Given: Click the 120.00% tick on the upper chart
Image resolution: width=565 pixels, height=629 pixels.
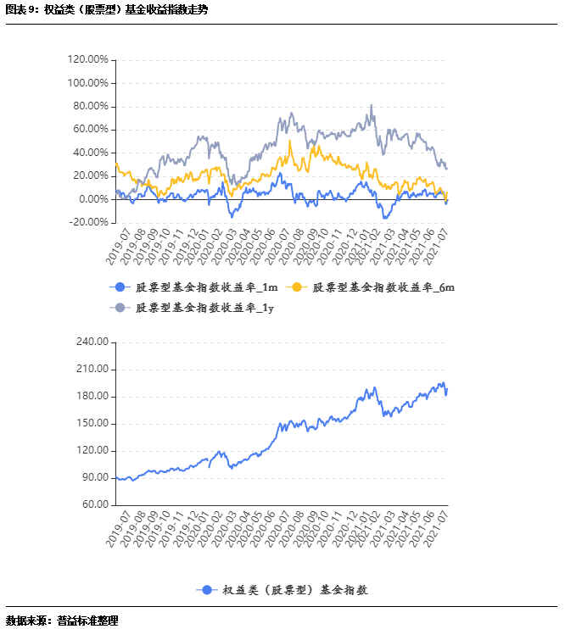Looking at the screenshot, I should click(87, 60).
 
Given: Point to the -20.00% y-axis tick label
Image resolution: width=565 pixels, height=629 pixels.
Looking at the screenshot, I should click(88, 222).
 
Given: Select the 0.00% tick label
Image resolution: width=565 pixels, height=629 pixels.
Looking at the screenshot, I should click(92, 199).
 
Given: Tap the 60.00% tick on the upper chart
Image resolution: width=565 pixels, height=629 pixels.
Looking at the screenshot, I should click(90, 130).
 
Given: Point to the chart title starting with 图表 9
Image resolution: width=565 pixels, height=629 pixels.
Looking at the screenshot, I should click(107, 10).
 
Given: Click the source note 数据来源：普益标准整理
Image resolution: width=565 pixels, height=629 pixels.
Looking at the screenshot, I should click(63, 620).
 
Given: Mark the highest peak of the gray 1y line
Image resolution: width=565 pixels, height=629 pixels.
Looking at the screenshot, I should click(372, 106).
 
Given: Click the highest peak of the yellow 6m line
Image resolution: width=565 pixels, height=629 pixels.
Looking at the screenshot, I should click(290, 141).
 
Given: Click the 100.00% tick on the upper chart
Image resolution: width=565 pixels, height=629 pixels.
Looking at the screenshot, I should click(87, 83).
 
